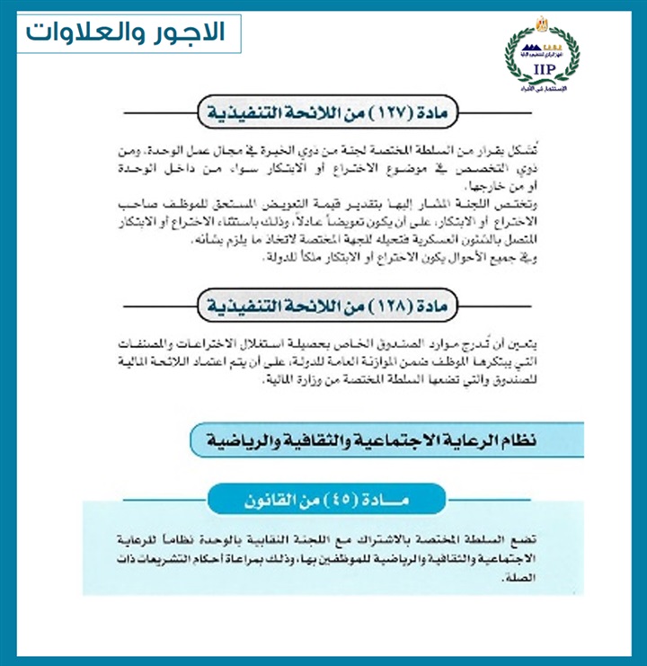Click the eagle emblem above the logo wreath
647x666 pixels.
pos(542,22)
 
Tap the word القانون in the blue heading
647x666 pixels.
pos(267,497)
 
